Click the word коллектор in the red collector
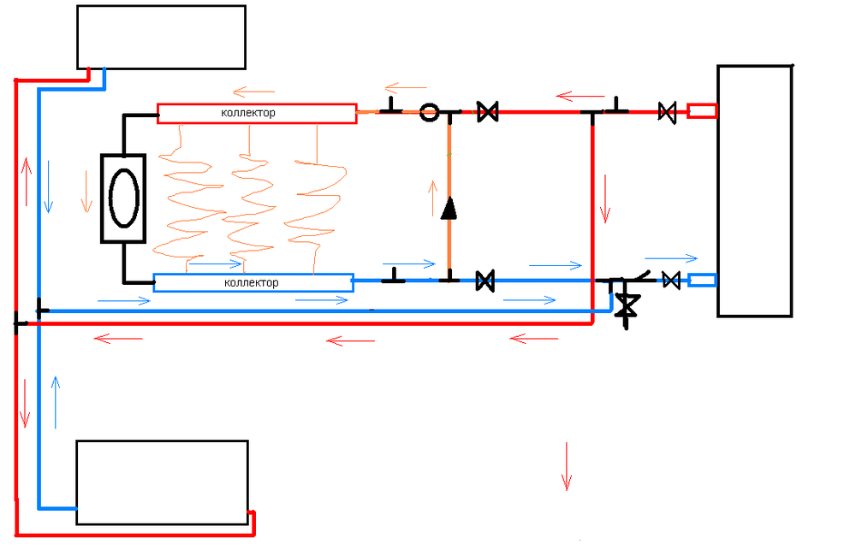pos(248,113)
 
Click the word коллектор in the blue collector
pos(251,282)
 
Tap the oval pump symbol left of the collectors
pos(124,198)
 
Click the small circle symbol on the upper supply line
pos(430,112)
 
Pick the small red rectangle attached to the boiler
pos(702,111)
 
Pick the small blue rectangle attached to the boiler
pos(702,280)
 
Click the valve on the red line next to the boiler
pos(667,111)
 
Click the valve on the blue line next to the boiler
pos(672,280)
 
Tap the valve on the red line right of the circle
pos(487,111)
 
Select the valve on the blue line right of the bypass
pos(484,280)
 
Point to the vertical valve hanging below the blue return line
pos(628,305)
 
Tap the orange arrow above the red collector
pos(253,89)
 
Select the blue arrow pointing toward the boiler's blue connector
pos(672,257)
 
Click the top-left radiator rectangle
pos(161,37)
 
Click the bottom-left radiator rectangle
pos(162,482)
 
